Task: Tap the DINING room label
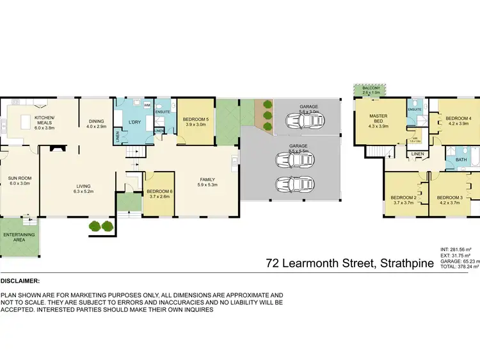tap(96, 124)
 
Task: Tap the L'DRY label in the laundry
tap(134, 122)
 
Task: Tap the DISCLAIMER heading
tap(20, 281)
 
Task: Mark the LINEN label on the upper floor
tap(417, 154)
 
